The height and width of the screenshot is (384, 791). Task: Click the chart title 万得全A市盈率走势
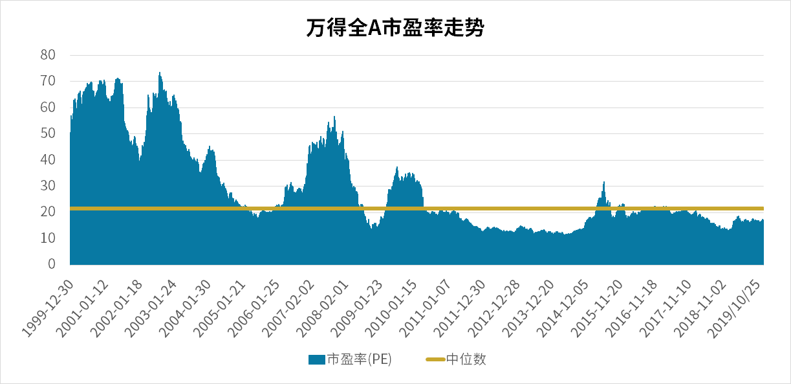(395, 28)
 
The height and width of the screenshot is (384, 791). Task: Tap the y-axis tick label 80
(48, 54)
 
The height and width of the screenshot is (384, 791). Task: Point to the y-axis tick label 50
(48, 133)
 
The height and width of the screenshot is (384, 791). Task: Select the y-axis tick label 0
(52, 264)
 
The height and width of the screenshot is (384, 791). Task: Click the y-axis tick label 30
(48, 186)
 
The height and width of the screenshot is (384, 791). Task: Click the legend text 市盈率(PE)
(359, 359)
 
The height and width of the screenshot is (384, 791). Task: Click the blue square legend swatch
(316, 359)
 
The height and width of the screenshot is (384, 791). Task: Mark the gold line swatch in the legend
(435, 359)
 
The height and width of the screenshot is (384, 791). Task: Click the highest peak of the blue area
(160, 74)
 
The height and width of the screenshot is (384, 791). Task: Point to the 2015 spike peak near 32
(604, 183)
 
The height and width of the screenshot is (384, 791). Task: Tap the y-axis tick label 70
(48, 81)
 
